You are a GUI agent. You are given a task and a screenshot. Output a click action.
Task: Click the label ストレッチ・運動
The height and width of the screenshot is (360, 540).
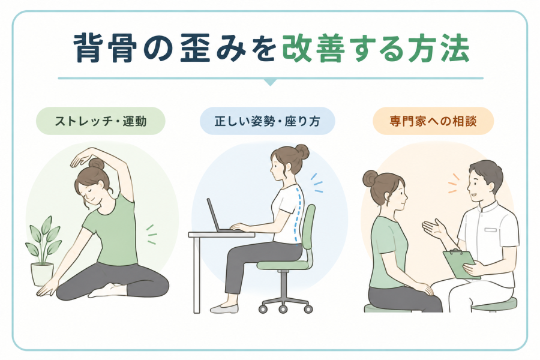point(101,121)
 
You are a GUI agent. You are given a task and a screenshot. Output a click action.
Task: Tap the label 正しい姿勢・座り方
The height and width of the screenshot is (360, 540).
point(267,121)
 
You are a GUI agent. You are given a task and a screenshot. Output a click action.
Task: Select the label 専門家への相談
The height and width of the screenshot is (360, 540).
point(433,121)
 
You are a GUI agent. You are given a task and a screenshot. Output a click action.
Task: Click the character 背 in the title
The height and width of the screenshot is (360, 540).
point(88,48)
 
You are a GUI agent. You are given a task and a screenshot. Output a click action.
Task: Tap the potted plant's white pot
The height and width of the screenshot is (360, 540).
point(42,274)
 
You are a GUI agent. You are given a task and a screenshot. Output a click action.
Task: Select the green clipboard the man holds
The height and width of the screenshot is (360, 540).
point(460,263)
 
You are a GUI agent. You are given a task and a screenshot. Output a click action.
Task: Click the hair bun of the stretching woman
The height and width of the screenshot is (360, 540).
point(96,164)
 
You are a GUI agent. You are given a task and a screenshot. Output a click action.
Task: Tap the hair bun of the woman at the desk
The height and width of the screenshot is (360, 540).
point(302,152)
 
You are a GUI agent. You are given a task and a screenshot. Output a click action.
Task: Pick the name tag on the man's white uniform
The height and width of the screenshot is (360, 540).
point(491,229)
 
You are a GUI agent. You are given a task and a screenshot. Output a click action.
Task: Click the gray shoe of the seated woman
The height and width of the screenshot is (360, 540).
point(224,308)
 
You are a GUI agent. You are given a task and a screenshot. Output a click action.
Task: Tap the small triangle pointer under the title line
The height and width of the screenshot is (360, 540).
point(271,82)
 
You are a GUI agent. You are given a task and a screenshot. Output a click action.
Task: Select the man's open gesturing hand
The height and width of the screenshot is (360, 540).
point(434,229)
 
